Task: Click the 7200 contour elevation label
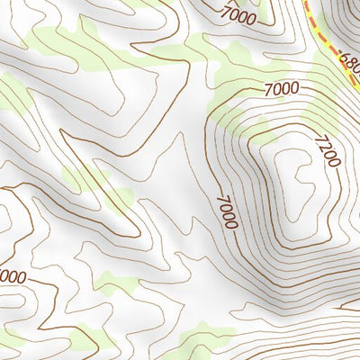coord(328,149)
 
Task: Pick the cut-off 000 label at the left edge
coord(12,276)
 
